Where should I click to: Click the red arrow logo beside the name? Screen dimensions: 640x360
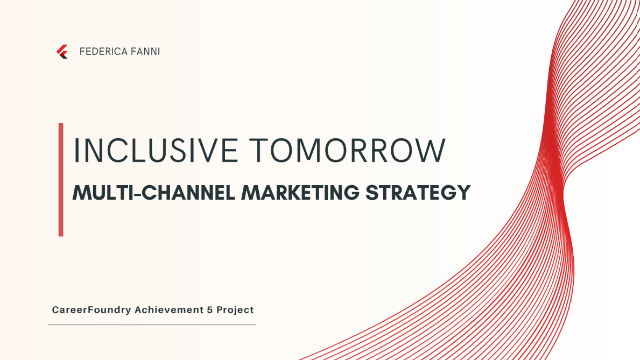coord(62,52)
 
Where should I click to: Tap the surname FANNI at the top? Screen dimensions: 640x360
coord(145,52)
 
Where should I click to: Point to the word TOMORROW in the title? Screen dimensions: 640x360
coord(348,151)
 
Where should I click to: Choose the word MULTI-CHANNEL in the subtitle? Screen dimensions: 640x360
coord(154,193)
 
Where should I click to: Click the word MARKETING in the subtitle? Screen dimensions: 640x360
coord(300,193)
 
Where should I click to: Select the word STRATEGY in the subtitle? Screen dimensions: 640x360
coord(418,193)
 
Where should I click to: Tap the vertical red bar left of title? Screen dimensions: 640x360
coord(61,180)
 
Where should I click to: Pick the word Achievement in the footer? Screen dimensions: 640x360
coord(168,310)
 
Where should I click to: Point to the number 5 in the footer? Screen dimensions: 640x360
coord(210,310)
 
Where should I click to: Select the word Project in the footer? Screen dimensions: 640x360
coord(235,310)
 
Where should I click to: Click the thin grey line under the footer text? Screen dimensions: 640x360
coord(152,325)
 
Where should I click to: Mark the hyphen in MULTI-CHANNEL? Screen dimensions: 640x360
coord(138,194)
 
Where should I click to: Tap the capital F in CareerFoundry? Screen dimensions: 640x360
coord(91,310)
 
